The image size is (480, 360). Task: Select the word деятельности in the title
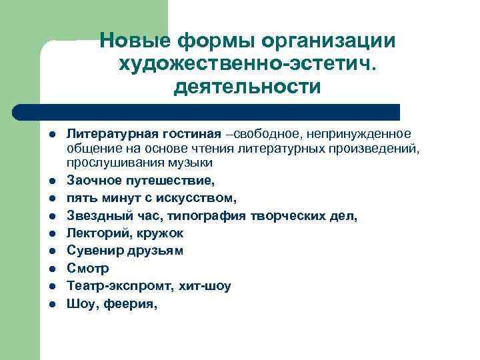(x=247, y=87)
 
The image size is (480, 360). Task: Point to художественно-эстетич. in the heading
(x=247, y=65)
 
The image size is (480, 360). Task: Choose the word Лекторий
(x=97, y=233)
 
